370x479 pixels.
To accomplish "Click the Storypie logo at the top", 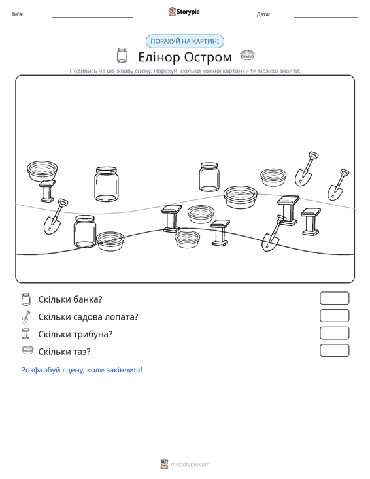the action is [x=184, y=12].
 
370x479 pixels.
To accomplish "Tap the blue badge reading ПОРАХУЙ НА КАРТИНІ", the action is [x=185, y=41].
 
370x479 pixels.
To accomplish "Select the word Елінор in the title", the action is [x=160, y=57].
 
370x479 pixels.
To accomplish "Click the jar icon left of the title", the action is [x=122, y=55].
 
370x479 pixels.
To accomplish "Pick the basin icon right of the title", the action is [x=248, y=55].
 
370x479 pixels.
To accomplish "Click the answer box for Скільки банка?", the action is [x=334, y=298].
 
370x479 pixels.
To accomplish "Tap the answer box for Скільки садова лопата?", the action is [x=334, y=316].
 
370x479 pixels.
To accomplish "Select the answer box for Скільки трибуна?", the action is [x=334, y=333].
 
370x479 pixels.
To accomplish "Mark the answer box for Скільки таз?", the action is [x=334, y=350].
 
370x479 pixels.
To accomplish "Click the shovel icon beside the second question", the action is [x=26, y=317].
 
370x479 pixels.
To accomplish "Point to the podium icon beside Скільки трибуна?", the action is [x=26, y=333].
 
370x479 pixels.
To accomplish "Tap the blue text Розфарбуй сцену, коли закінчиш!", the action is [x=82, y=370].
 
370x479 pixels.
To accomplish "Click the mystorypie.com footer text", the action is [x=190, y=465].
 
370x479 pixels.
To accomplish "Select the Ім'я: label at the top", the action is [x=18, y=14].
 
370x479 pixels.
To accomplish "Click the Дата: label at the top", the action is [x=263, y=14].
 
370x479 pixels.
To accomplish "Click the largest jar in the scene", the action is [x=107, y=184].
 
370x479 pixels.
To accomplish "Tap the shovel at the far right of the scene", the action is [x=338, y=184].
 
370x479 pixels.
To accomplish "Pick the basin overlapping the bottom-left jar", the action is [x=110, y=241].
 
